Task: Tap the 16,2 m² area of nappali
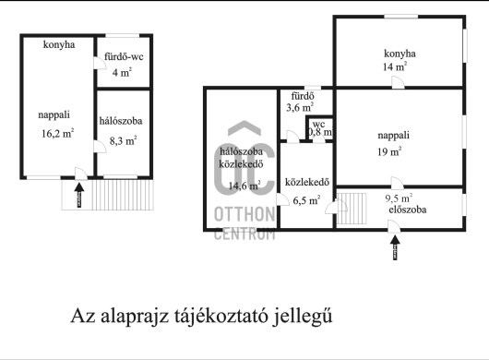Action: pyautogui.click(x=57, y=132)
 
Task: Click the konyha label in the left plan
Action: pyautogui.click(x=58, y=44)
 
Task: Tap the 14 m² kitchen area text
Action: pyautogui.click(x=395, y=66)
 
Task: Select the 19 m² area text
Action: pyautogui.click(x=389, y=151)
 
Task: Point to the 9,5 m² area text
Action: pyautogui.click(x=399, y=197)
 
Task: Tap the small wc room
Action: pyautogui.click(x=319, y=128)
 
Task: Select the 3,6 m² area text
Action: pyautogui.click(x=300, y=108)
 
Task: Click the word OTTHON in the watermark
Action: pyautogui.click(x=244, y=216)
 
